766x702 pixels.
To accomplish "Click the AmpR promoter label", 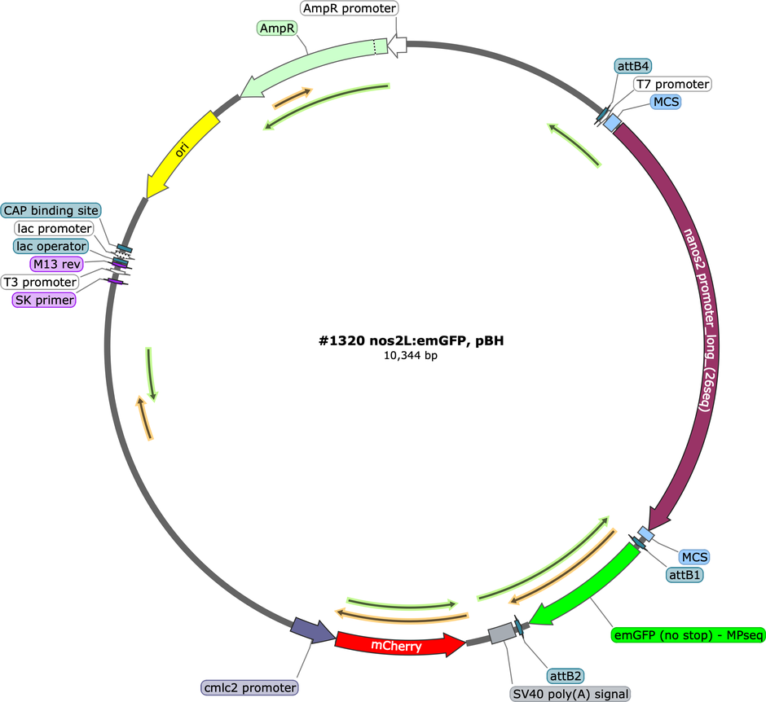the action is click(350, 8).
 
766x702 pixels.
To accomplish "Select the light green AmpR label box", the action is click(277, 29).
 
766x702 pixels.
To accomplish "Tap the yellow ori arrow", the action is click(181, 152).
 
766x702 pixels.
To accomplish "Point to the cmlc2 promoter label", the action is click(249, 688).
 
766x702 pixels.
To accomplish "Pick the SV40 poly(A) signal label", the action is click(570, 694).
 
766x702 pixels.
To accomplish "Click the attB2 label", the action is click(566, 676).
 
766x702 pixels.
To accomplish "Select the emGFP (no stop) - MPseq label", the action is click(689, 635).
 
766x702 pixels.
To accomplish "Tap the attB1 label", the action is click(685, 575).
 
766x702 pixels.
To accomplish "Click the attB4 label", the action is click(633, 66).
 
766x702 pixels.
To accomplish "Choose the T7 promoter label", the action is click(672, 84).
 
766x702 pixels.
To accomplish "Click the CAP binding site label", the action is click(51, 210).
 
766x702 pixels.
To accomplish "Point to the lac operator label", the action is click(51, 246).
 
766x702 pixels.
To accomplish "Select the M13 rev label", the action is click(57, 264).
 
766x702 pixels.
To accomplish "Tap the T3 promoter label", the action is click(40, 282).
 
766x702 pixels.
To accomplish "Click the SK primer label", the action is click(45, 300).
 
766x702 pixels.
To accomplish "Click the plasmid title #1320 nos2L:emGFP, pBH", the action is click(411, 340).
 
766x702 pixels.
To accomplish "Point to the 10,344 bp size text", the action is click(411, 355).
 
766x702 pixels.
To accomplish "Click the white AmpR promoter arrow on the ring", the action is click(397, 46).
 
